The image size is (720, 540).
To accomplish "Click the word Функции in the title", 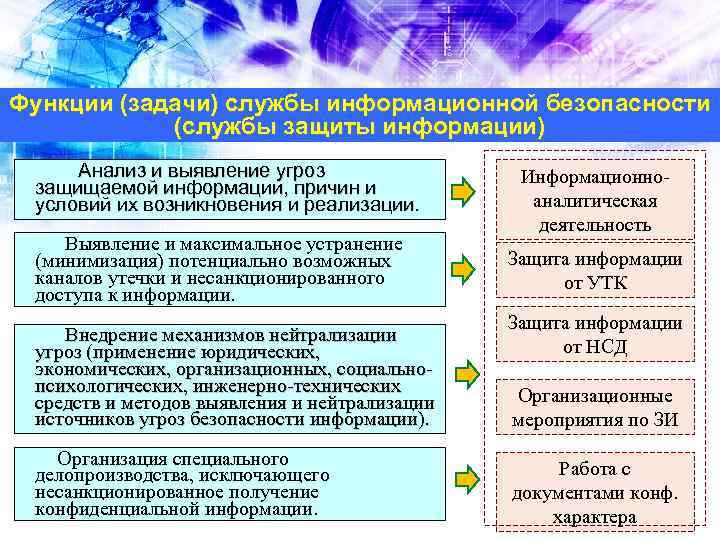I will point(52,105).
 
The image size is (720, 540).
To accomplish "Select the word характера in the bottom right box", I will point(594,517).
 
